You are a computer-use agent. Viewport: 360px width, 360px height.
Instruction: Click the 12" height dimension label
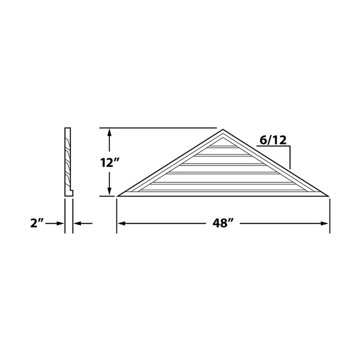click(x=110, y=163)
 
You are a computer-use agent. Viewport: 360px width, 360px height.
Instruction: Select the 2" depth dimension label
click(x=37, y=223)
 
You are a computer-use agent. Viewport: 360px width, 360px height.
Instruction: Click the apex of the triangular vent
click(x=223, y=130)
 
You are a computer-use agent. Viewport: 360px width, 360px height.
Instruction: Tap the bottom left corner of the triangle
click(x=117, y=196)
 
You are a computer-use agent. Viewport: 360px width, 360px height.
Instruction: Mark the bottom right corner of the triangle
click(x=329, y=196)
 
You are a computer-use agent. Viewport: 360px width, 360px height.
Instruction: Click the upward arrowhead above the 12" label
click(x=110, y=133)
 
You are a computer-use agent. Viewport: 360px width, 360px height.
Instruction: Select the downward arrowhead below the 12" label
click(x=110, y=191)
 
